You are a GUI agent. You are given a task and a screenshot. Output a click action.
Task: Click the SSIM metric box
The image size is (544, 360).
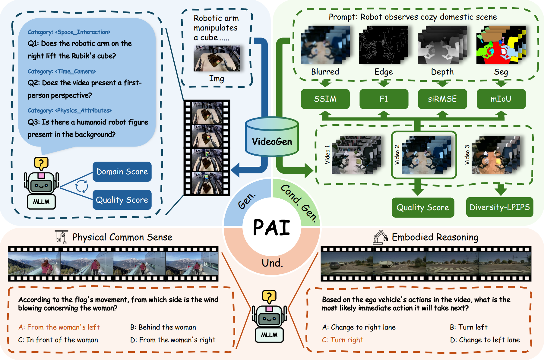pyautogui.click(x=325, y=99)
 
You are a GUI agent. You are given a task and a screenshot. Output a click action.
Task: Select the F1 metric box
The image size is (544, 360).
pyautogui.click(x=384, y=99)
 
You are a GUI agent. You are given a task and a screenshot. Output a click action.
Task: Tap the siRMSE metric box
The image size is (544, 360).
pyautogui.click(x=442, y=99)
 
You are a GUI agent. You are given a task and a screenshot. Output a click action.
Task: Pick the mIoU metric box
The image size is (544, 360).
pyautogui.click(x=501, y=99)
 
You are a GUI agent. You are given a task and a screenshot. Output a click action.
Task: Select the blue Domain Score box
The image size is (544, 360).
pyautogui.click(x=122, y=172)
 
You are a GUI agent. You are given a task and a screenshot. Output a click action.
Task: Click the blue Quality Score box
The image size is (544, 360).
pyautogui.click(x=122, y=200)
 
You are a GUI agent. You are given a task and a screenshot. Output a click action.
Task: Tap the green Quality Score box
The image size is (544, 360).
pyautogui.click(x=423, y=207)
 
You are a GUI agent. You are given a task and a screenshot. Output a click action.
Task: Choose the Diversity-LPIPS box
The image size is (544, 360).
pyautogui.click(x=500, y=207)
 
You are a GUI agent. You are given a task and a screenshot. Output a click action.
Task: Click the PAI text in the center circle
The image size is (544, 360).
pyautogui.click(x=272, y=227)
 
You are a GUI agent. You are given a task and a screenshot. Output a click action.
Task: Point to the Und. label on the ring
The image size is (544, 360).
pyautogui.click(x=272, y=263)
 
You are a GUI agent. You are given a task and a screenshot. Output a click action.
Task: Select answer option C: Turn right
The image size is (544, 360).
pyautogui.click(x=343, y=340)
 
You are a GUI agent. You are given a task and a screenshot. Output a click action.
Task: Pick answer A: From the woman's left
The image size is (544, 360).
pyautogui.click(x=59, y=327)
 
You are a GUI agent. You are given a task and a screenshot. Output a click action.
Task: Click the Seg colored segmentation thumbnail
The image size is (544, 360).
pyautogui.click(x=501, y=45)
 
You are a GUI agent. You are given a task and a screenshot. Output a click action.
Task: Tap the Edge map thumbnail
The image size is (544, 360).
pyautogui.click(x=384, y=45)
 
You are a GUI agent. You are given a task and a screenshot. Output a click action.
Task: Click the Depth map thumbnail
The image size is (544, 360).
pyautogui.click(x=442, y=45)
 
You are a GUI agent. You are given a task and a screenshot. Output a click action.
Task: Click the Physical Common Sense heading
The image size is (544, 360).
pyautogui.click(x=122, y=237)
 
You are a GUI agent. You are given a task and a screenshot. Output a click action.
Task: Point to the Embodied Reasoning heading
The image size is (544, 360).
pyautogui.click(x=435, y=237)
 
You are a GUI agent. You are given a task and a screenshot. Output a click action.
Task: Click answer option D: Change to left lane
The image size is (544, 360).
pyautogui.click(x=485, y=340)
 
